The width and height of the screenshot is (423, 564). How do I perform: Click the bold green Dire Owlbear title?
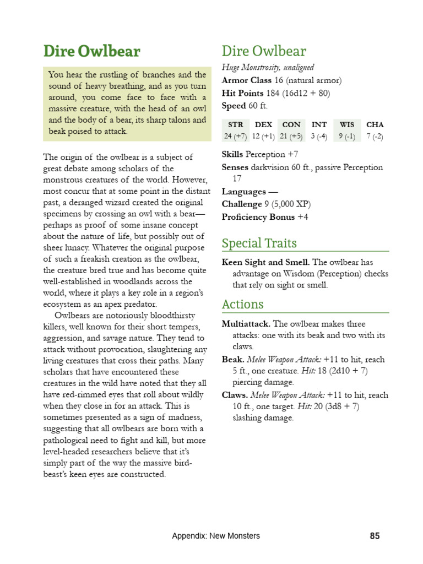92,52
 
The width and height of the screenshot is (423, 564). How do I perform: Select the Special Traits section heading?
259,243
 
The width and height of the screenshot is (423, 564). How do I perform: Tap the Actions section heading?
242,305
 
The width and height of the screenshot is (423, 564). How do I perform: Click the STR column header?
235,125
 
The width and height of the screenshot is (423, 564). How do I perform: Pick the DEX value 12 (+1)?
263,136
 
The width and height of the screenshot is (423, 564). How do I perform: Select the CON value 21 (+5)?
291,136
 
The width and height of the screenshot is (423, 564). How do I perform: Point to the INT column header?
319,125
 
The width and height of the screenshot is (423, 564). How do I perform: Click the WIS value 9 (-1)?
347,136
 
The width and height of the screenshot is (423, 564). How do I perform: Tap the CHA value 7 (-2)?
375,136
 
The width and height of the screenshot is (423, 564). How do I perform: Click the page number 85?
375,535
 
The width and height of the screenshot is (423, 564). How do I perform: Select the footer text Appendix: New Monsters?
215,535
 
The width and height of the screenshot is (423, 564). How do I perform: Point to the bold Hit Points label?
242,93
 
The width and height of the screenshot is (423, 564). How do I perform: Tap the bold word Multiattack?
246,324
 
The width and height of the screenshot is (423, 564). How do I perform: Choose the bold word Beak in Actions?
232,359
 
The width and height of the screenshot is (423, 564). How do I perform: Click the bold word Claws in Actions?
235,395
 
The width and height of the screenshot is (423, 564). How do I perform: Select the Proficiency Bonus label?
258,217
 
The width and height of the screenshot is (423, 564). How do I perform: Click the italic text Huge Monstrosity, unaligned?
268,68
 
